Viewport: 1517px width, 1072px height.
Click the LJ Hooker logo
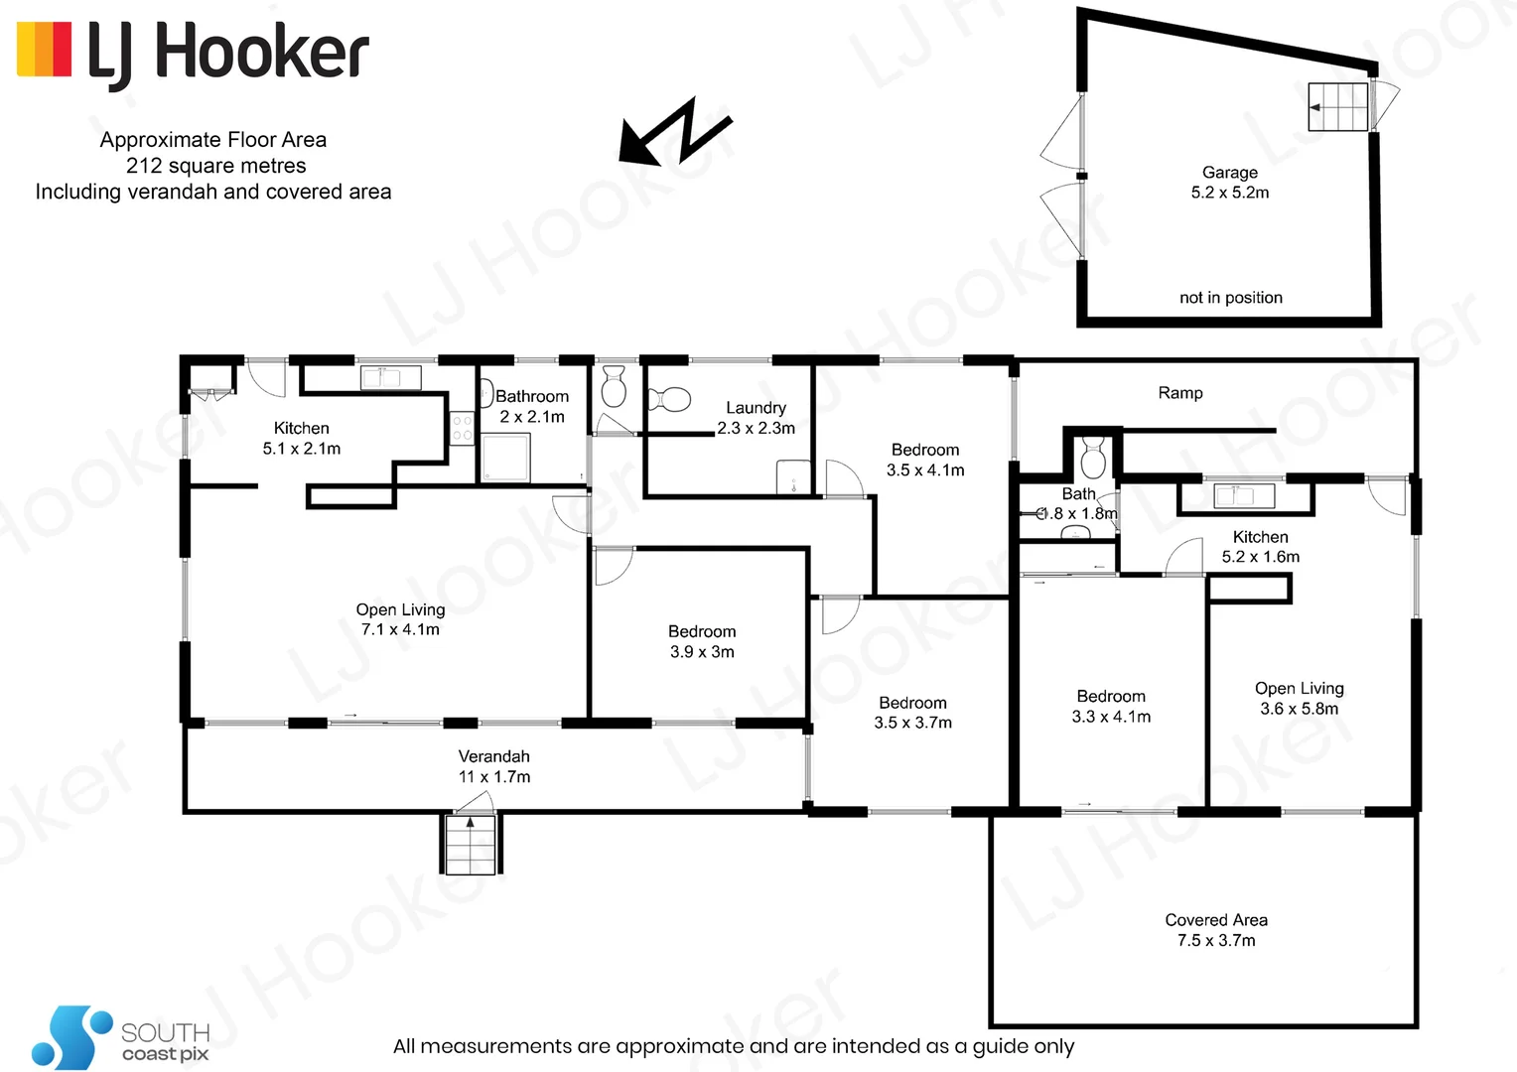[194, 52]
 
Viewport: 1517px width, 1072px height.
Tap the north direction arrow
[675, 131]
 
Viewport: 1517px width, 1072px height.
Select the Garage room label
[1230, 183]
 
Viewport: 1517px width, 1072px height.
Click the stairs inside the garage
[1337, 106]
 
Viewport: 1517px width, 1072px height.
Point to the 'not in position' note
[1230, 298]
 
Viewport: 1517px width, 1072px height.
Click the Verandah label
[493, 766]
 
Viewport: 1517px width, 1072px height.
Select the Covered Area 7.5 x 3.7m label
[1216, 930]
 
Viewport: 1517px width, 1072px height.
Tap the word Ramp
[1180, 393]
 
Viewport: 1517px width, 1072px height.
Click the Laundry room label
[756, 418]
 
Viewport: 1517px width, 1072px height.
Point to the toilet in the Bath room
[1093, 459]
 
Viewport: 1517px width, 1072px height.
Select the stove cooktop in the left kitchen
[462, 428]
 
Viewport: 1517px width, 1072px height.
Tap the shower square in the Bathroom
[505, 457]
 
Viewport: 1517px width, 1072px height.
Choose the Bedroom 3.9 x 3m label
[702, 641]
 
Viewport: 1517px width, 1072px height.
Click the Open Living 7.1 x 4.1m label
[400, 619]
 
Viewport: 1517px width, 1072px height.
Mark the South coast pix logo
[119, 1037]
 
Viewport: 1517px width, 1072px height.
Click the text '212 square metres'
[215, 166]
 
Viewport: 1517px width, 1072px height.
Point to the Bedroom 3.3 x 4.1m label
[1111, 707]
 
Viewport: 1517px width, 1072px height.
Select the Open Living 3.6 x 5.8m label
[1299, 699]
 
